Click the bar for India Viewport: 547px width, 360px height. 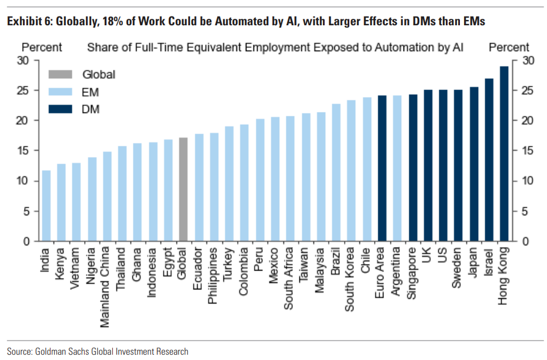click(x=46, y=206)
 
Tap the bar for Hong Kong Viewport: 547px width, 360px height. click(x=504, y=154)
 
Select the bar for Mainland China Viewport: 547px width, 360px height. click(x=107, y=196)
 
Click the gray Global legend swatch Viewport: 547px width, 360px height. click(x=60, y=75)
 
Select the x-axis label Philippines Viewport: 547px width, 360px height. click(x=214, y=276)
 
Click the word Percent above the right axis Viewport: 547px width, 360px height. click(x=509, y=47)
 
